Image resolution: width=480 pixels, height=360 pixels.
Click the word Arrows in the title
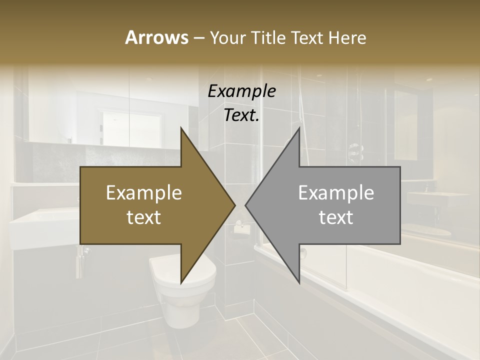tap(156, 37)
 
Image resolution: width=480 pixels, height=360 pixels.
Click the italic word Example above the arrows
tap(241, 91)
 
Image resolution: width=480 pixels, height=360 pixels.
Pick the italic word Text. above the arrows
tap(241, 115)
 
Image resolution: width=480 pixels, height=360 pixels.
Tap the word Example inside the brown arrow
tap(144, 192)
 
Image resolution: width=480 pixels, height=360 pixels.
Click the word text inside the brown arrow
tap(144, 217)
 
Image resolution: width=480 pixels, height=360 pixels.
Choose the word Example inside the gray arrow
tap(336, 192)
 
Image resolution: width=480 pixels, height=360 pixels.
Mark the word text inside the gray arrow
tap(336, 217)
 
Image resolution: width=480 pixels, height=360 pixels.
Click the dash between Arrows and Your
tap(198, 38)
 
